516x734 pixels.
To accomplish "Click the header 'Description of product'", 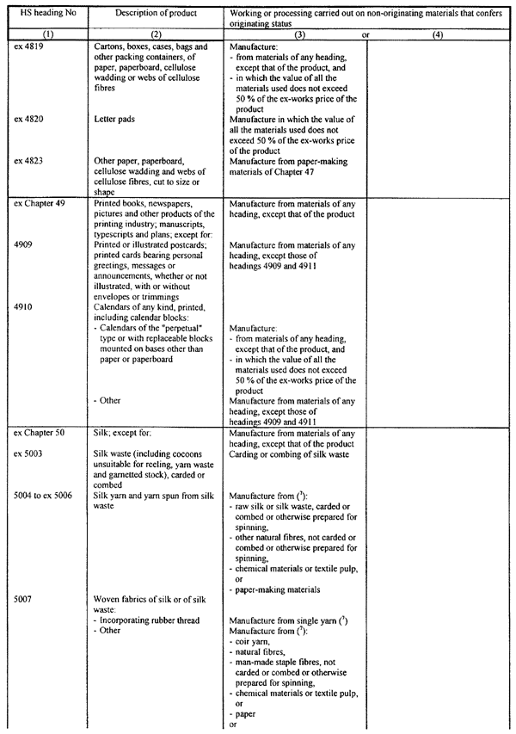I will pyautogui.click(x=154, y=13).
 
